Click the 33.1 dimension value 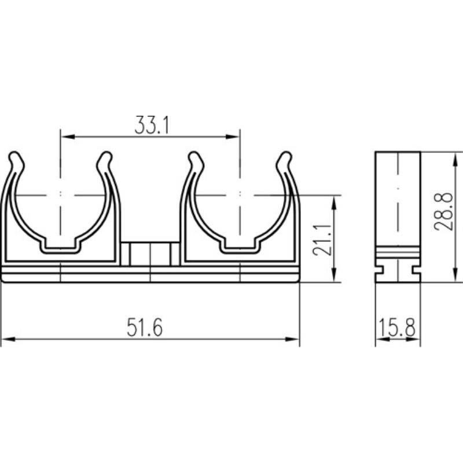[152, 125]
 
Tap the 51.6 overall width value [145, 328]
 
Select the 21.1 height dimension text [322, 240]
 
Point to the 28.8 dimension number [443, 211]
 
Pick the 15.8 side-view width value [397, 328]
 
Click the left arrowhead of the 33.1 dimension [68, 137]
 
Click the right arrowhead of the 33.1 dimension [233, 137]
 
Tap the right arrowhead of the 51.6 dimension [292, 339]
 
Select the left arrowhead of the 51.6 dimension [8, 339]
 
